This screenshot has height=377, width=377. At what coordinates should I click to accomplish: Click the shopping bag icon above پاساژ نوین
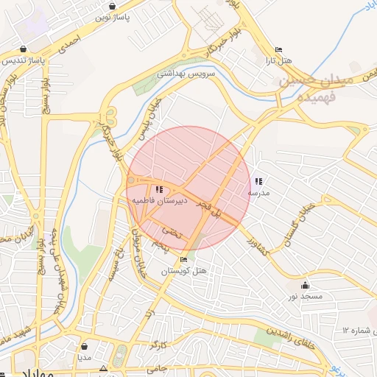[x=111, y=6]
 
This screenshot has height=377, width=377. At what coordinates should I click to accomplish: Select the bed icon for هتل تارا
[x=278, y=51]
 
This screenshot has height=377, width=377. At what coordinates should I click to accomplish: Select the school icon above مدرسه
[x=258, y=180]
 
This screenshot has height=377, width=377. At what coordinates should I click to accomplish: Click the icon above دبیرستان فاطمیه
[x=160, y=189]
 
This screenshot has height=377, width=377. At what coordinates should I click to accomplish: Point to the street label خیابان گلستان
[x=303, y=219]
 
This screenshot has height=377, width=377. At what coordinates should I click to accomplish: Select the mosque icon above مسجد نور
[x=306, y=285]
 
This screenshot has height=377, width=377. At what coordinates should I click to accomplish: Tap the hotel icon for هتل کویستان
[x=183, y=259]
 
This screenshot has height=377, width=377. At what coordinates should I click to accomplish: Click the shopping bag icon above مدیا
[x=86, y=346]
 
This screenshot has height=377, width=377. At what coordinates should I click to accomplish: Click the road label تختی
[x=170, y=230]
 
